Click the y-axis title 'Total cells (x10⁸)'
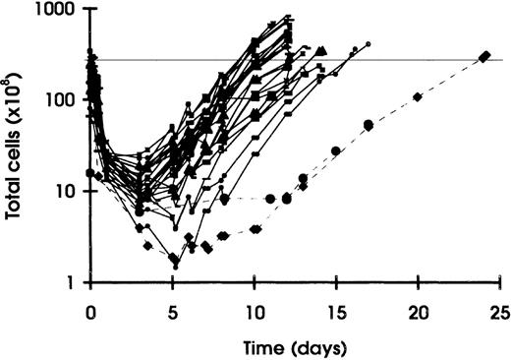coord(17,148)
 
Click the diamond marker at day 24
coord(483,56)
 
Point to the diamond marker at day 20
coord(418,96)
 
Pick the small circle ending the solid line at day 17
coord(369,44)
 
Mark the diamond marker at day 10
coord(255,228)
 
